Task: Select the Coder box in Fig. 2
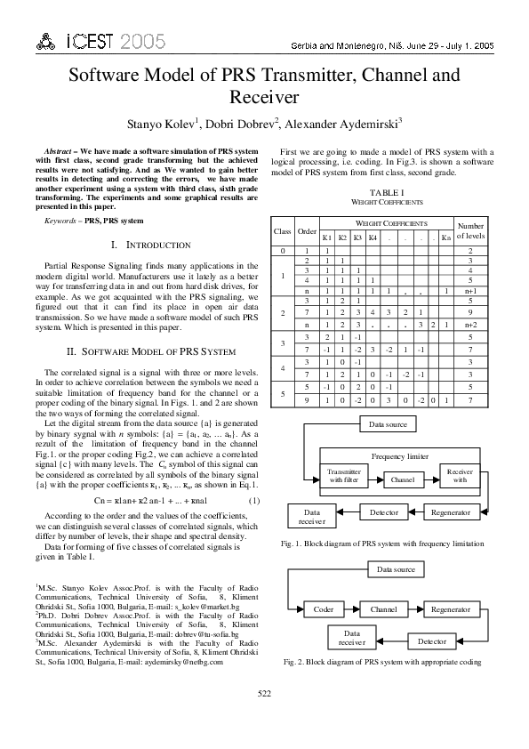(324, 609)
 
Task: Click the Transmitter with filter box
(344, 476)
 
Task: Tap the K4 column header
(373, 238)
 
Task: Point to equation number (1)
(254, 501)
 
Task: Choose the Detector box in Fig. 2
(432, 640)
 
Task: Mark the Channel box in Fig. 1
(402, 479)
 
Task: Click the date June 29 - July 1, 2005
(450, 44)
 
